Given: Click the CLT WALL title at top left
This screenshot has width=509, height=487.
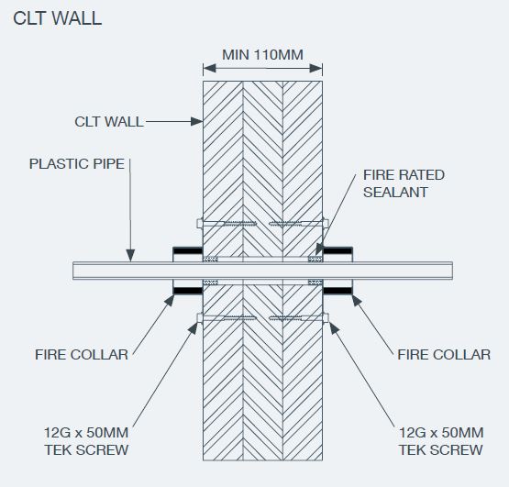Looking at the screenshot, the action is [x=57, y=18].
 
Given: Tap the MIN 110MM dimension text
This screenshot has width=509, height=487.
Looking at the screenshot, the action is [x=262, y=54].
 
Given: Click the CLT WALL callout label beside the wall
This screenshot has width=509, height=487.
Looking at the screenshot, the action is [x=109, y=122].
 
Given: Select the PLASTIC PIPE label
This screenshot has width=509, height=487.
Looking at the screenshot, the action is [x=77, y=163].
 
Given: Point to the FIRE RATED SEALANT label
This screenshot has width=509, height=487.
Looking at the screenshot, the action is [x=404, y=183].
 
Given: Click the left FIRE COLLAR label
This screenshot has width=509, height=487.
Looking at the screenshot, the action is [x=82, y=355].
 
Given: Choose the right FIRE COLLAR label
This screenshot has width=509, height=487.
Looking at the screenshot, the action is [x=444, y=355].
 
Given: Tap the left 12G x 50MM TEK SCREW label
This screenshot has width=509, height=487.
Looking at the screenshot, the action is [x=86, y=441].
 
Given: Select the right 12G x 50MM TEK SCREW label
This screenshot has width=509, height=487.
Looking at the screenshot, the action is [x=441, y=441].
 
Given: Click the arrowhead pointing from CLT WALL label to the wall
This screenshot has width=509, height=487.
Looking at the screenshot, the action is [x=196, y=122].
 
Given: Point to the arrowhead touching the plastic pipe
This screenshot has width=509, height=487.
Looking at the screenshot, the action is [x=130, y=255].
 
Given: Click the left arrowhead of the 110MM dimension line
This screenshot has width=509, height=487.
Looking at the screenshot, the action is [x=209, y=68].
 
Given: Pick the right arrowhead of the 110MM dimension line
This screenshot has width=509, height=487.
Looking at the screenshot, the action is [x=316, y=68].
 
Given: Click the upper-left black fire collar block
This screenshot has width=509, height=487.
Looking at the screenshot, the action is [x=188, y=250].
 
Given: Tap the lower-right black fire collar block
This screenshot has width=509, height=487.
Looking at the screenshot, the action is [x=337, y=291].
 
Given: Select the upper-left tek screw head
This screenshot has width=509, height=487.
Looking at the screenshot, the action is [x=200, y=224].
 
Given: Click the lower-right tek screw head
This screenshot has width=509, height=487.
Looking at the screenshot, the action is [x=326, y=318].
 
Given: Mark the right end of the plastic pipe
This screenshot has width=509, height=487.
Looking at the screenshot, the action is [x=452, y=271].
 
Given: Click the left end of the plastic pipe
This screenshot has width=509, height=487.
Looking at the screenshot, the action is [x=73, y=271].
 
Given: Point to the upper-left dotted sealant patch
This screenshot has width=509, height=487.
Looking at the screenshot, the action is [x=210, y=259].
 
